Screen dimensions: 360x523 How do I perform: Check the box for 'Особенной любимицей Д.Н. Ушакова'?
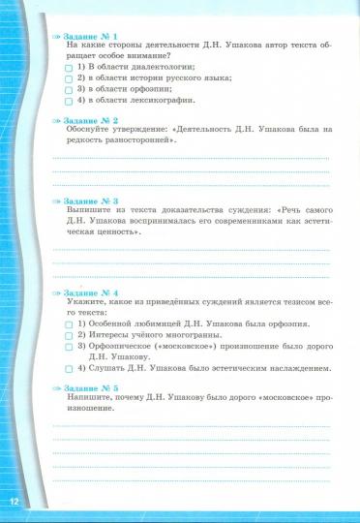pyautogui.click(x=69, y=323)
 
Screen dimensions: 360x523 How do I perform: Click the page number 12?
pyautogui.click(x=15, y=501)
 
